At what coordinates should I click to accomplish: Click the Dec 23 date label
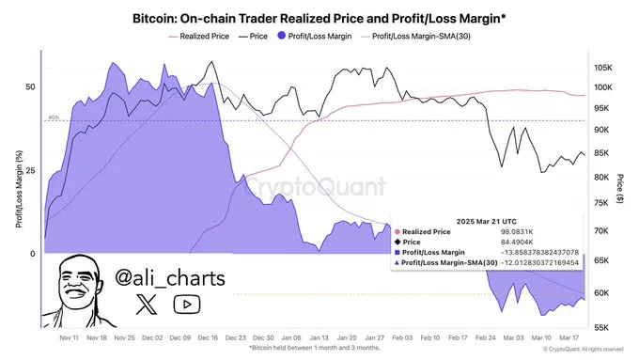point(237,337)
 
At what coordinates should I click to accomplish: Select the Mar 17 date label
point(569,337)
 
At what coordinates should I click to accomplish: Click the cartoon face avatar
point(79,287)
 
